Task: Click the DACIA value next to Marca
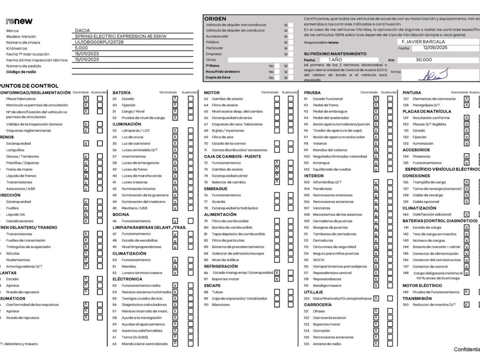click(x=83, y=31)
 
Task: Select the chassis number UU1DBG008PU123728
click(x=99, y=42)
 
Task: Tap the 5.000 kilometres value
click(x=81, y=48)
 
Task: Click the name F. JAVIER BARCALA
click(x=423, y=42)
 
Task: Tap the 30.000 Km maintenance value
click(x=424, y=60)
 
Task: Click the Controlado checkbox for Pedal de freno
click(x=376, y=105)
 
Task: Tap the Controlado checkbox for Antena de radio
click(x=376, y=344)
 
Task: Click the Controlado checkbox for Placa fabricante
click(x=86, y=99)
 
